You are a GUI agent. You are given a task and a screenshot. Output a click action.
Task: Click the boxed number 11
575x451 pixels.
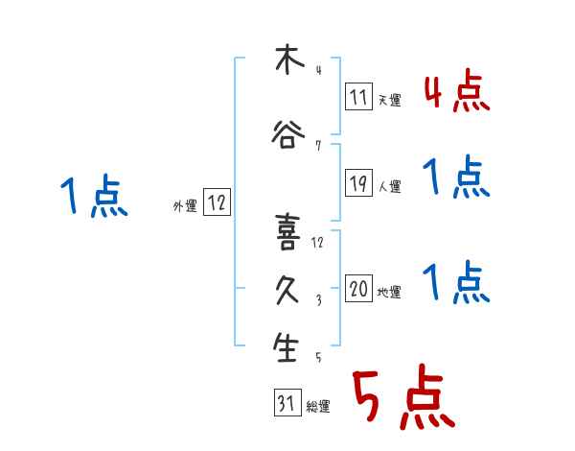click(x=358, y=96)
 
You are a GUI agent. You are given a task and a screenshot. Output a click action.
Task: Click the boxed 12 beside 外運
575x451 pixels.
click(x=218, y=202)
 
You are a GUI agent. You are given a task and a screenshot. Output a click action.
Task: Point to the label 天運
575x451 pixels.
click(x=389, y=99)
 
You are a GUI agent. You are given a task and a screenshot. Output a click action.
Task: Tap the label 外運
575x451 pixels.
click(x=184, y=205)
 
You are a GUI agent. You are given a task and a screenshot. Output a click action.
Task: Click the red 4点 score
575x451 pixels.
click(x=455, y=93)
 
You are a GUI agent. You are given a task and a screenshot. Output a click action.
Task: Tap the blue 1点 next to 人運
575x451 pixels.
click(x=455, y=178)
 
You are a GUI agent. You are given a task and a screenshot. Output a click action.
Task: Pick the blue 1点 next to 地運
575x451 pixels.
click(x=455, y=283)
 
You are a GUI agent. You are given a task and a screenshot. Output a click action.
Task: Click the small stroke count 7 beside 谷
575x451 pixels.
click(x=317, y=146)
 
